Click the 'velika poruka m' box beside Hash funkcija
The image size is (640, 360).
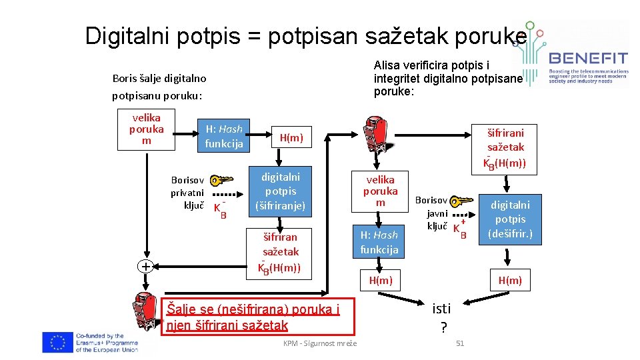[x=146, y=129]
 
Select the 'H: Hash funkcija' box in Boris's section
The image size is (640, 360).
[x=224, y=136]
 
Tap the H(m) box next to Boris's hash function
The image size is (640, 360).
[x=291, y=138]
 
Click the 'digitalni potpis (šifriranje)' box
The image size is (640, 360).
[x=280, y=191]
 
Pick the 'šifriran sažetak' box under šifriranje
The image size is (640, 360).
[x=280, y=252]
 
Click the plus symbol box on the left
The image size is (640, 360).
[x=145, y=266]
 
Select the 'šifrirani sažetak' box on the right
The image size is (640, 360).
[x=505, y=147]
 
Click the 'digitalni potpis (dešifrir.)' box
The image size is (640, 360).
[x=510, y=219]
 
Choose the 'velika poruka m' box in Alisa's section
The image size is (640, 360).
[x=380, y=191]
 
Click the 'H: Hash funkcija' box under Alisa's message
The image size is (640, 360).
[x=379, y=242]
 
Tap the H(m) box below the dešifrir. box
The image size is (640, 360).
[x=510, y=281]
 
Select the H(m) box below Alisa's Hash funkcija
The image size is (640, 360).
[x=381, y=281]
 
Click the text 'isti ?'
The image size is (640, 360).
[x=442, y=317]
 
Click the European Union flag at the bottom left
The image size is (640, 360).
[x=57, y=341]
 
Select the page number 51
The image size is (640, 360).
[x=459, y=343]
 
